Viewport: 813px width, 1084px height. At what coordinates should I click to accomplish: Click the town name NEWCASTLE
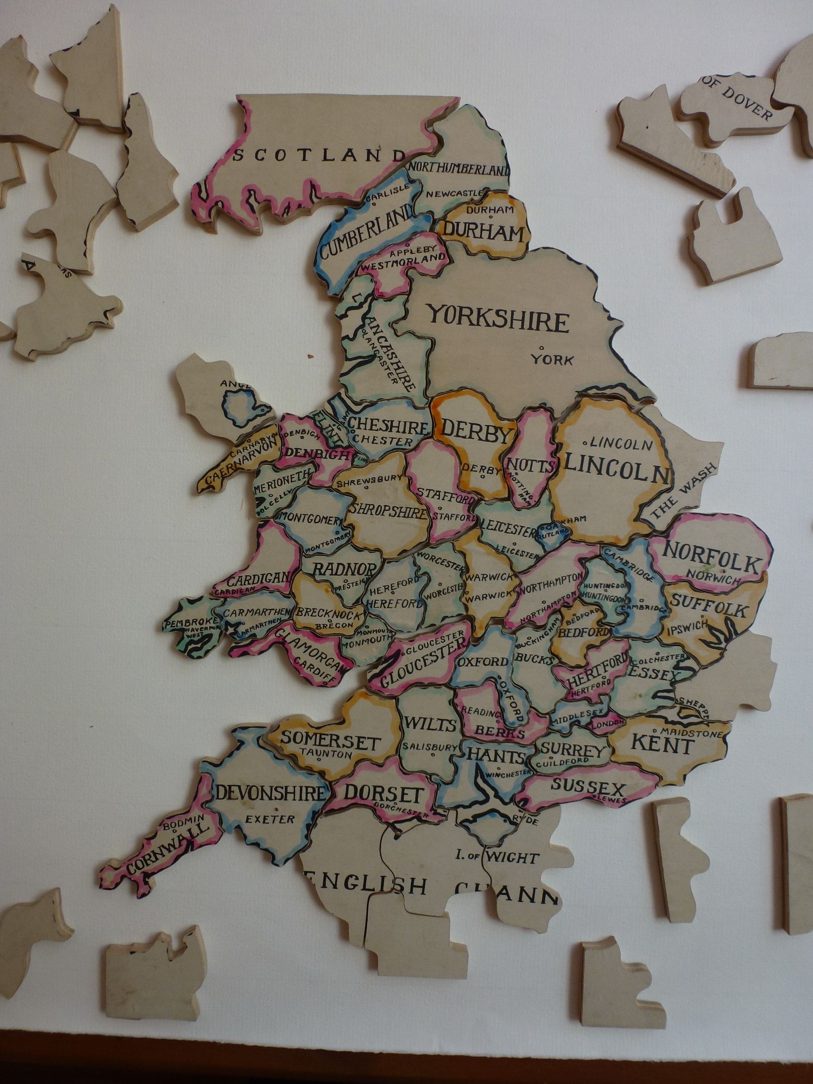click(x=454, y=194)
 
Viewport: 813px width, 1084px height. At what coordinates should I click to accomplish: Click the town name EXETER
click(x=270, y=819)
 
